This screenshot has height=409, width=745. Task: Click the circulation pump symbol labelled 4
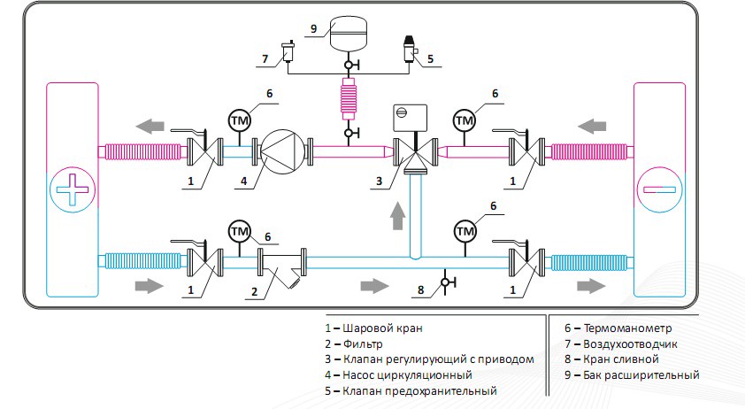(283, 151)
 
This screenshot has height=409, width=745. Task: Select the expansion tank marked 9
(349, 33)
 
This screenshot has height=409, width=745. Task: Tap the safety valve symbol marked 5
(410, 49)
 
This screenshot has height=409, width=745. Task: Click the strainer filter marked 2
(282, 266)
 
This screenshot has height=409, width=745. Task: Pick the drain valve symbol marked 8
(446, 282)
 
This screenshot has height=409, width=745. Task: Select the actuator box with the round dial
(410, 118)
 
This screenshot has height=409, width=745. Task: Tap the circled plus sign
(73, 189)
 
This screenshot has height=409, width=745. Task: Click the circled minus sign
(659, 189)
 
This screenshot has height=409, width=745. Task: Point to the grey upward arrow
(397, 215)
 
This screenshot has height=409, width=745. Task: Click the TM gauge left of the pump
(240, 120)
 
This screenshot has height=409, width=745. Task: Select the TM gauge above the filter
(240, 232)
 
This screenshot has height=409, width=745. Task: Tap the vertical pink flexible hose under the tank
(349, 99)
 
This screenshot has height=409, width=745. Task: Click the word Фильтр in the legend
(363, 343)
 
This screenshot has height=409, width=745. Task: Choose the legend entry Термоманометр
(618, 328)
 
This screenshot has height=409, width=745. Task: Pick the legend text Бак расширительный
(641, 374)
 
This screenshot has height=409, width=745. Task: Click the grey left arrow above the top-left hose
(150, 127)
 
